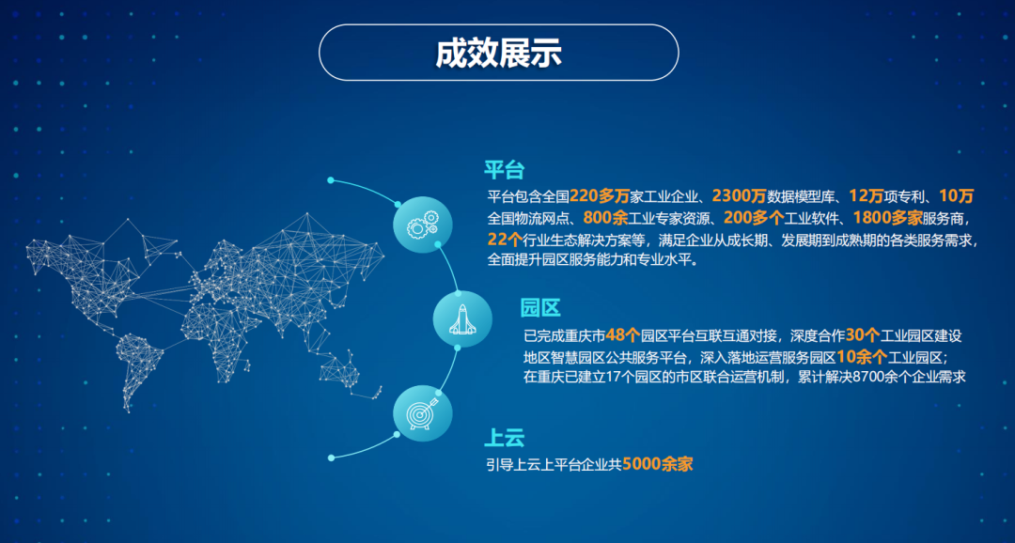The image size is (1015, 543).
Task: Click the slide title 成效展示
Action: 498,53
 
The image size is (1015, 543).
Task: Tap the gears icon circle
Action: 423,225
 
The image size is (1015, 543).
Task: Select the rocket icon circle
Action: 462,319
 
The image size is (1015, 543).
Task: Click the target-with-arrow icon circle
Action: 423,413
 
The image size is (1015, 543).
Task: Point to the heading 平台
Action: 504,169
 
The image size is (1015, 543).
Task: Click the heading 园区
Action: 540,309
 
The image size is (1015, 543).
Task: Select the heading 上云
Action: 504,438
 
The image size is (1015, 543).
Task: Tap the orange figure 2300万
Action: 740,195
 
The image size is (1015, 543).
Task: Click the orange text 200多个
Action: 754,216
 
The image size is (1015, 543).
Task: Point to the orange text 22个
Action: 505,239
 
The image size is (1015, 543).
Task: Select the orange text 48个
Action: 623,335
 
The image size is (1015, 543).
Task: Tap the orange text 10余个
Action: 862,357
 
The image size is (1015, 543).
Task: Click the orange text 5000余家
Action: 658,464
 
